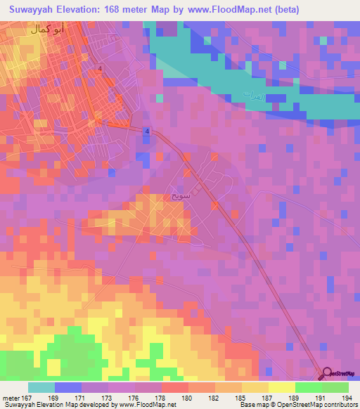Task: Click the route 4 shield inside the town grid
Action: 101,68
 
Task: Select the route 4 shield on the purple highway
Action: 147,131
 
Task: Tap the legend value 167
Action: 27,397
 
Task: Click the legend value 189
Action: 283,397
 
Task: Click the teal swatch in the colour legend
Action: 41,387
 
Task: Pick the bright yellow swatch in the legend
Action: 281,387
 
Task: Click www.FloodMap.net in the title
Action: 229,10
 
